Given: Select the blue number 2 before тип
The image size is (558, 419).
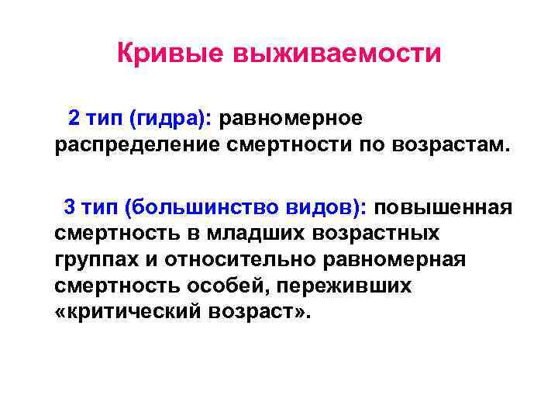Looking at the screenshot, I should click(74, 119).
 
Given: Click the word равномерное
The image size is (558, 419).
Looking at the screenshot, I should click(291, 119).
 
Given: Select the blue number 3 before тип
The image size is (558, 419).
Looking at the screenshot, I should click(70, 207).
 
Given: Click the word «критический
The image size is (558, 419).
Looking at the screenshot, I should click(128, 312).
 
